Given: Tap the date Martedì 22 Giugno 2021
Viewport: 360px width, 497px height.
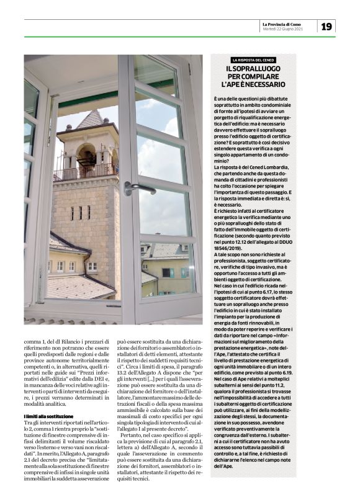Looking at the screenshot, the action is pyautogui.click(x=283, y=29).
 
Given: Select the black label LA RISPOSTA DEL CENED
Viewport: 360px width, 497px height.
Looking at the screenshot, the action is pyautogui.click(x=253, y=60).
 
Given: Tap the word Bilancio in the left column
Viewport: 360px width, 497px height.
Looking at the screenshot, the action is pyautogui.click(x=77, y=341).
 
